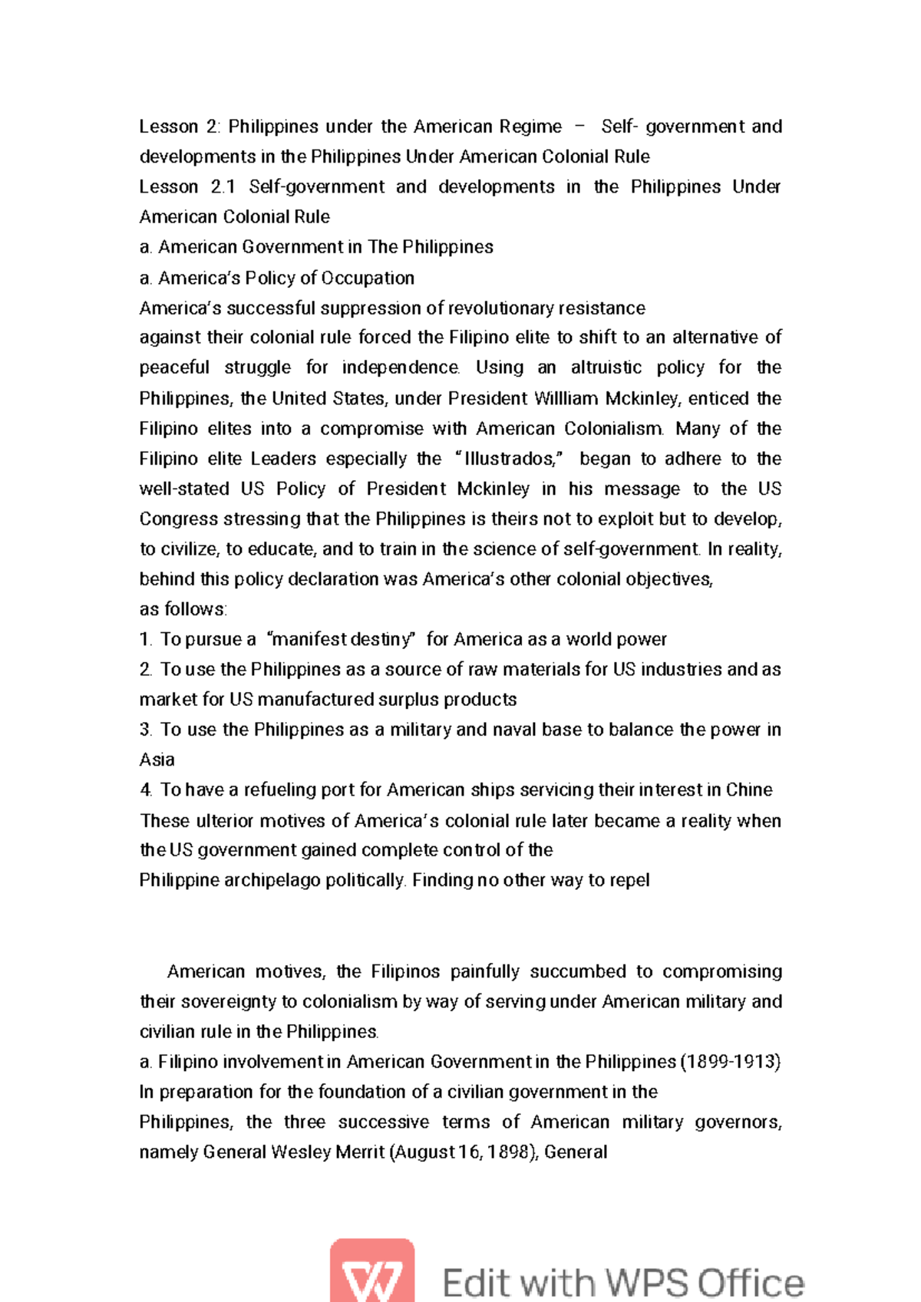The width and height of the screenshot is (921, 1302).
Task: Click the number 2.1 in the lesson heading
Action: [223, 187]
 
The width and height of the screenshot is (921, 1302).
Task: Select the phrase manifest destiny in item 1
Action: [343, 639]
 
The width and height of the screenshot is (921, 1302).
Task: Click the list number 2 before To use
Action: [146, 670]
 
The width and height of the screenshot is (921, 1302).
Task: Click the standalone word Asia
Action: [157, 760]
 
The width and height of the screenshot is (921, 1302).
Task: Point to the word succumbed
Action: [578, 971]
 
